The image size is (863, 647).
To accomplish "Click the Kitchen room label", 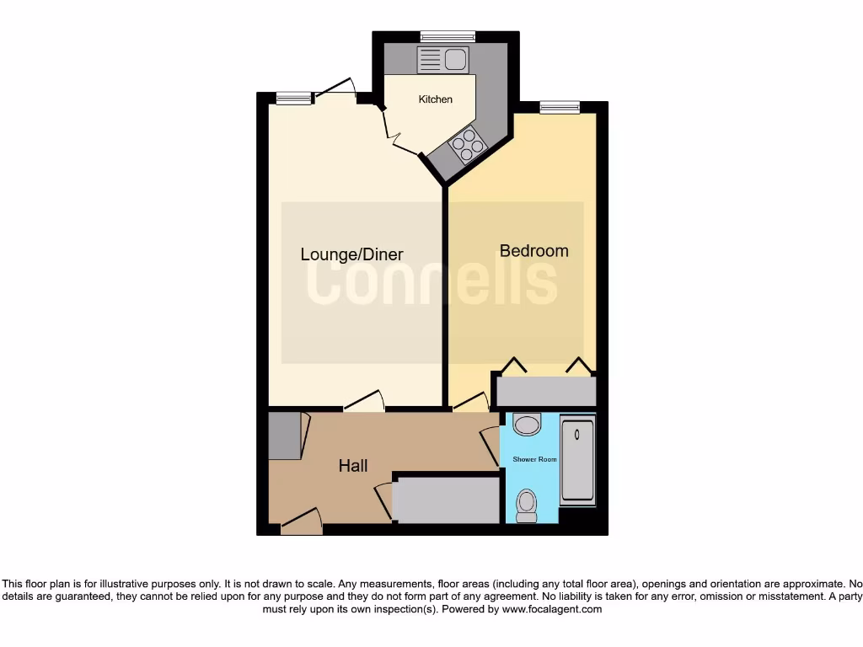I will [x=436, y=99].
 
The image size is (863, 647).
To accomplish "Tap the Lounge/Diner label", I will [x=351, y=254].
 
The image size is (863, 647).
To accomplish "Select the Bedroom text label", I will [x=533, y=250].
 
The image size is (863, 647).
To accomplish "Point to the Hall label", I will [x=353, y=466].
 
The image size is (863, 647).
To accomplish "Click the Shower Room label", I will [x=535, y=459].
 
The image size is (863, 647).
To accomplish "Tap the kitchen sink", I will [x=443, y=60].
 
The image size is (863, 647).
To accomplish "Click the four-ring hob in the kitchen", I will [x=468, y=145].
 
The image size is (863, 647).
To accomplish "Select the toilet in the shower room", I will [x=527, y=504].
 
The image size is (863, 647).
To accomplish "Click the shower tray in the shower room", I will [x=577, y=462].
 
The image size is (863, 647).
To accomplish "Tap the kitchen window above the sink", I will [x=448, y=35].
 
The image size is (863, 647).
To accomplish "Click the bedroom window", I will [x=560, y=107].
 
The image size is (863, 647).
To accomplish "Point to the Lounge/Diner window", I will [x=293, y=99].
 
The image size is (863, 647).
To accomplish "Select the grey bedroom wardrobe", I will [x=546, y=392].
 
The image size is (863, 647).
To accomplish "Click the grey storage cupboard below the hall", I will [x=448, y=500].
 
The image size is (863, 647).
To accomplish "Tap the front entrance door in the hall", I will [x=301, y=521].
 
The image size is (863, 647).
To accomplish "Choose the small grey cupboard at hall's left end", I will [x=284, y=436].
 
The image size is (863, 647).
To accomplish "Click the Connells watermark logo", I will [x=431, y=282].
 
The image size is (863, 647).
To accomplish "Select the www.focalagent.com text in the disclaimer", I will [x=553, y=609].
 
